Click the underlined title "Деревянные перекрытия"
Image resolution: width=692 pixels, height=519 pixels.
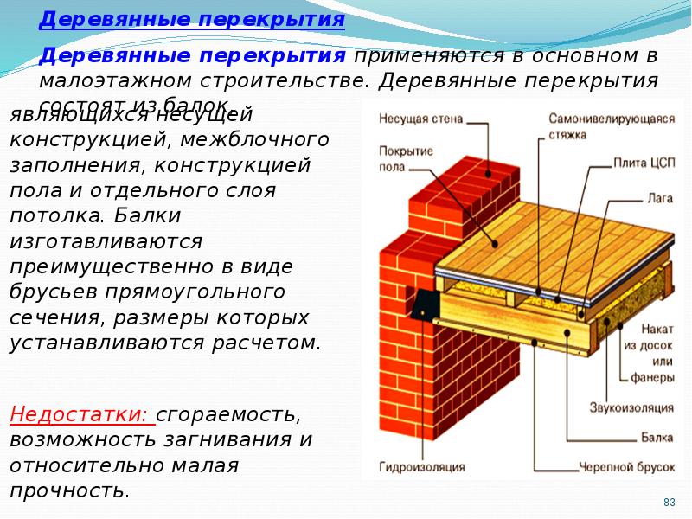(x=192, y=19)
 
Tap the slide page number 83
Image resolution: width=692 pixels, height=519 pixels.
(x=668, y=502)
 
